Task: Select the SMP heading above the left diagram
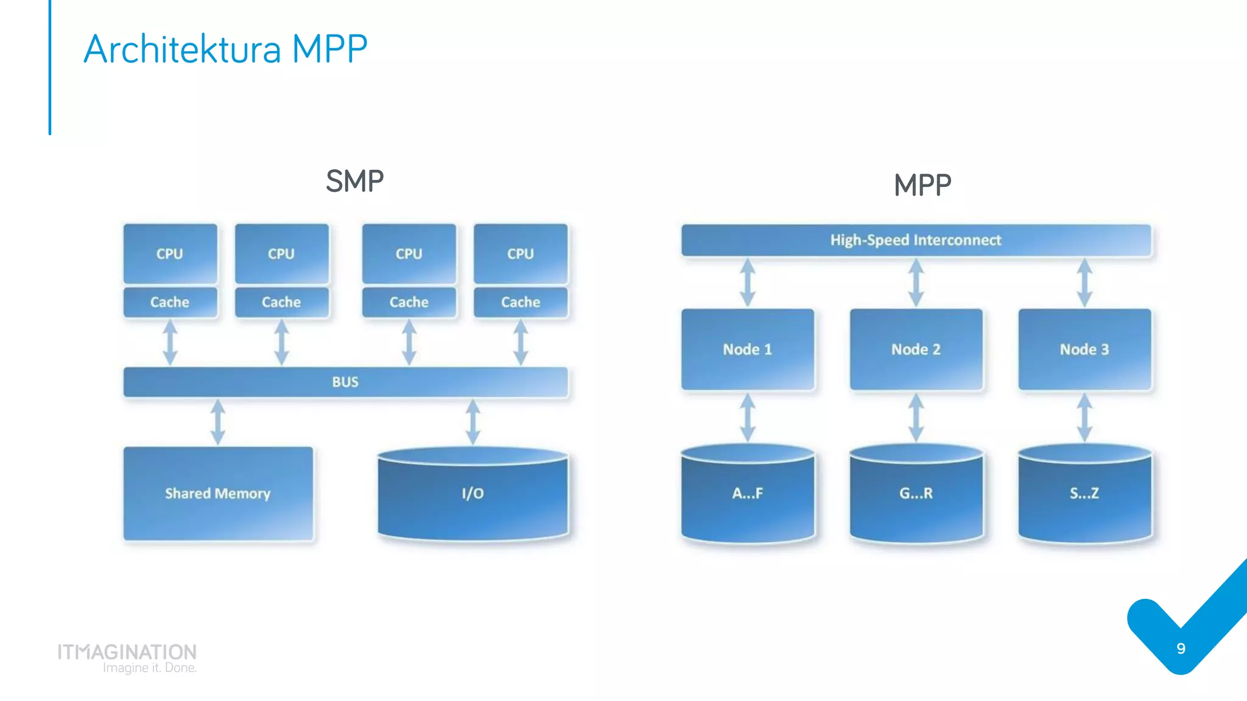[x=354, y=181]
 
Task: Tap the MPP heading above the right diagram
[x=922, y=185]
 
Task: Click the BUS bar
[x=345, y=382]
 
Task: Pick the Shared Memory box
[x=218, y=493]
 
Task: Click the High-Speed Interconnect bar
[x=916, y=240]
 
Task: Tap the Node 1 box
[x=748, y=349]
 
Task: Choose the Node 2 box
[x=916, y=349]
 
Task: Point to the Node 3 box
[x=1084, y=349]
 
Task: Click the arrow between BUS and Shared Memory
[x=218, y=422]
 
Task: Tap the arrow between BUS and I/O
[x=473, y=422]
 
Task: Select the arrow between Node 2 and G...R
[x=916, y=417]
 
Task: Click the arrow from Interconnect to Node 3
[x=1084, y=283]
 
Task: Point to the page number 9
[x=1181, y=649]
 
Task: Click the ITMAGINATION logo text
[x=127, y=652]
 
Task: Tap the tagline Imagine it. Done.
[x=149, y=668]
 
